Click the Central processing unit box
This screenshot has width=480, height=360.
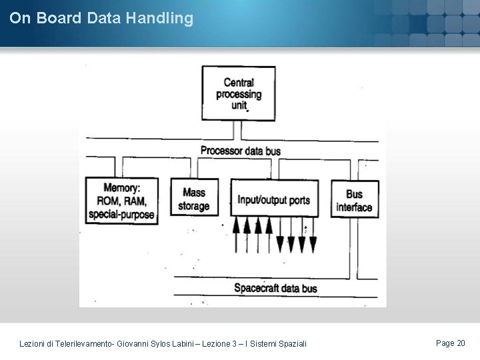[239, 93]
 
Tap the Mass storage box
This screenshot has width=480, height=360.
[193, 198]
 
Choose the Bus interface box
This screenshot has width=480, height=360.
[355, 199]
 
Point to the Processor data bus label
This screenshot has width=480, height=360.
[240, 151]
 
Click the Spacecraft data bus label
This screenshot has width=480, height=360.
[275, 288]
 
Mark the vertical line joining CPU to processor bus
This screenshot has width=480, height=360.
[234, 131]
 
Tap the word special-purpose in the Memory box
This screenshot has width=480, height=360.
[121, 215]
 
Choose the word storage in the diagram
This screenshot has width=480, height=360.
[193, 206]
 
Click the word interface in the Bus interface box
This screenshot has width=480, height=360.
[355, 207]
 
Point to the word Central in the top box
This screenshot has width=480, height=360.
[239, 82]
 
